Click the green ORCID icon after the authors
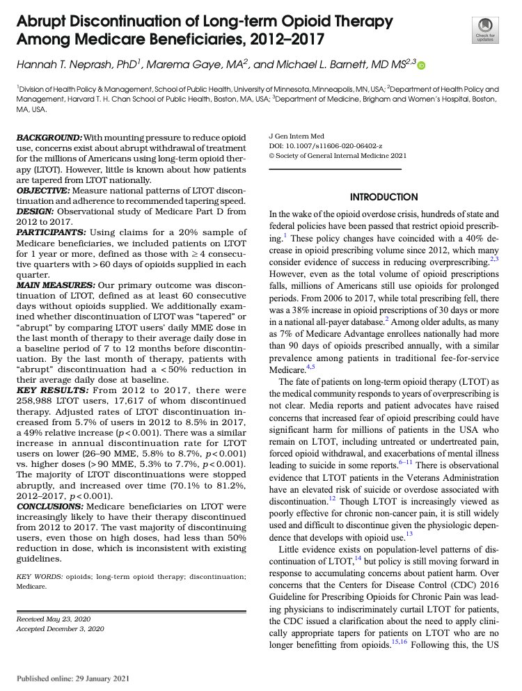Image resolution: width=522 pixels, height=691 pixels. tap(421, 65)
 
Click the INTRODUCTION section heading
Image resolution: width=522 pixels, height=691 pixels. tap(383, 197)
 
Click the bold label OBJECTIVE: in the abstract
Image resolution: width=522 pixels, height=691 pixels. tap(45, 191)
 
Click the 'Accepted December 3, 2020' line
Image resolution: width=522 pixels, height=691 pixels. tap(60, 629)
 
